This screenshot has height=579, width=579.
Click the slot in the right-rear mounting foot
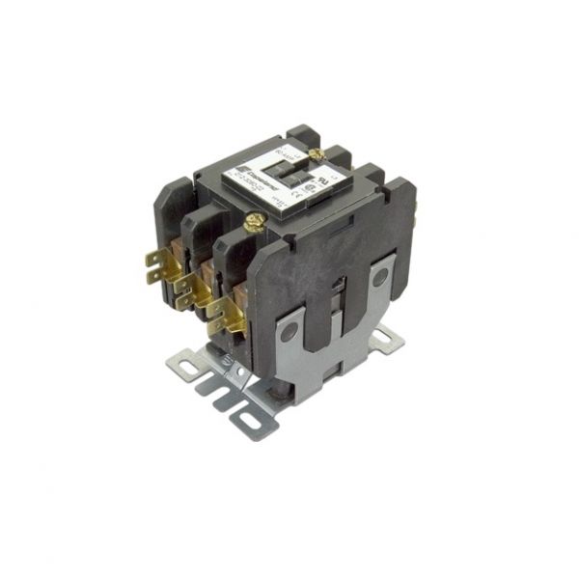(x=389, y=337)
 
